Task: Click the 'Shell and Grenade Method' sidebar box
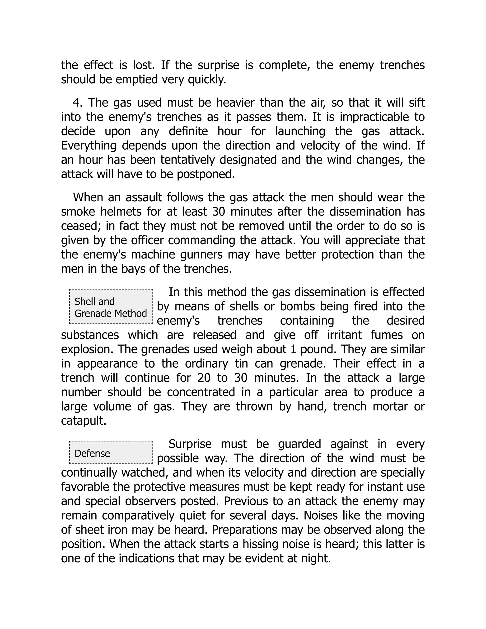pos(111,307)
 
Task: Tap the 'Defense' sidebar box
pos(111,453)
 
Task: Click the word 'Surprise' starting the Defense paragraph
pos(190,444)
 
